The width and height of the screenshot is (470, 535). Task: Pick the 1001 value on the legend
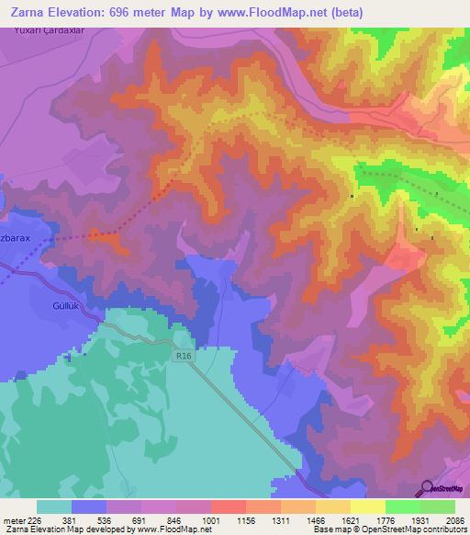pos(211,519)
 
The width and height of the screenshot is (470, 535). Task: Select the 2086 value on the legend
pos(454,519)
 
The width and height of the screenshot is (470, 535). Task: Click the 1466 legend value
pos(315,519)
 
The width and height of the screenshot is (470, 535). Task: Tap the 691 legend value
pos(141,519)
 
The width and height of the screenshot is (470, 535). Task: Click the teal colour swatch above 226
pos(54,507)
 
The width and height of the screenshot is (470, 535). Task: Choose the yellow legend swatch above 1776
pos(367,507)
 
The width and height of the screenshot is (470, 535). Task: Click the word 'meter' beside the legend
pos(14,519)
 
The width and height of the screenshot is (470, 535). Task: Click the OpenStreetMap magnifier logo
pos(426,488)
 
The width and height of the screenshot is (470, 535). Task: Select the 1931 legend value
pos(420,519)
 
